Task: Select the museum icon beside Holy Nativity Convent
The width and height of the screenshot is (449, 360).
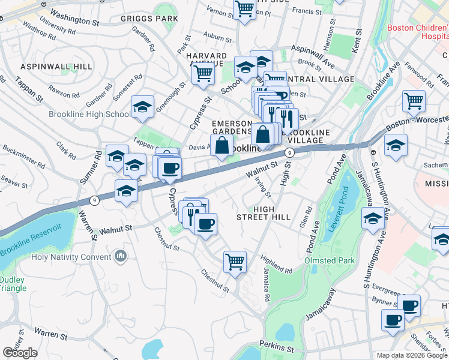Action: [121, 257]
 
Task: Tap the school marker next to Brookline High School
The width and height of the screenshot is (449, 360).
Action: [142, 107]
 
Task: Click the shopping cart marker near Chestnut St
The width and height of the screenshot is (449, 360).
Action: [235, 261]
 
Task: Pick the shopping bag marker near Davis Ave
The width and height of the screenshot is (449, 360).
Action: [221, 145]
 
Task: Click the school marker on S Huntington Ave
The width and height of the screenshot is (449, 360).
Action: [373, 220]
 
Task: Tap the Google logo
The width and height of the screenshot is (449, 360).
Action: [20, 353]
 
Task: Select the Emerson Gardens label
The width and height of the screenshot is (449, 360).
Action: [231, 127]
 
